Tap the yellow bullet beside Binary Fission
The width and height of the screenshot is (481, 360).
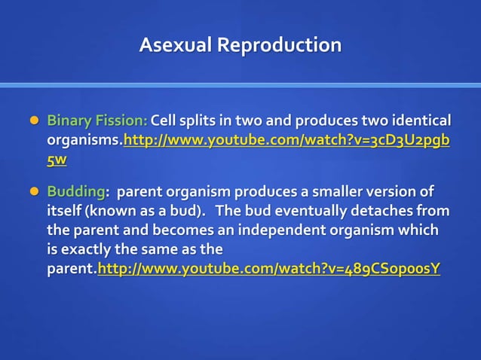coord(32,121)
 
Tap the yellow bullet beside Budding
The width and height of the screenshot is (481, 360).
coord(32,191)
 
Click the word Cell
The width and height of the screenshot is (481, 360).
coord(165,121)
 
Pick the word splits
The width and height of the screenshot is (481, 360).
coord(204,121)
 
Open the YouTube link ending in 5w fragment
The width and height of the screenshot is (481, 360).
coord(57,160)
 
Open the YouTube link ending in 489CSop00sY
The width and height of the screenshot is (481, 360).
coord(269,269)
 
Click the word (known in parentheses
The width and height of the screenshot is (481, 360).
coord(108,210)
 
